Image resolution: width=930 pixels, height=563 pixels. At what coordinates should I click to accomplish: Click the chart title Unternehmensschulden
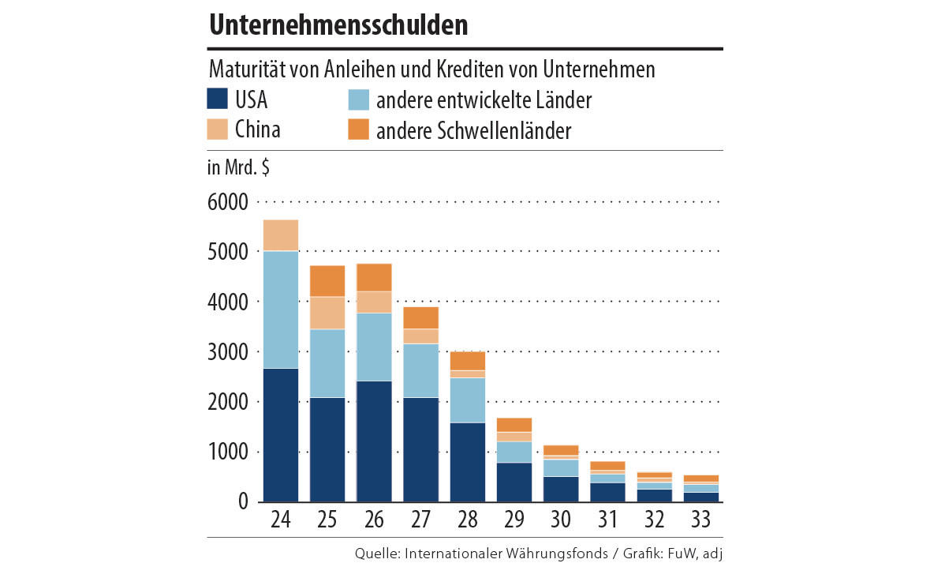(338, 25)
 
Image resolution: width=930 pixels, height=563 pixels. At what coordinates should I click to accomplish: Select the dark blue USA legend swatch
(218, 99)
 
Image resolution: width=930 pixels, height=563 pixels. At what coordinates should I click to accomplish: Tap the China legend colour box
(218, 129)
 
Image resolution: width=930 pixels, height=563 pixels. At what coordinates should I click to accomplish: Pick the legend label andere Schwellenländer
(473, 131)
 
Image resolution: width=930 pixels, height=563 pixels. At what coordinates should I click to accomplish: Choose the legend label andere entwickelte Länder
(484, 101)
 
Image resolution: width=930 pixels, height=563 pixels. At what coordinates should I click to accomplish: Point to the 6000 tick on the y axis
(228, 202)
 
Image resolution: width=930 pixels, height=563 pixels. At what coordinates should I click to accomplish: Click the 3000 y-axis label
(228, 352)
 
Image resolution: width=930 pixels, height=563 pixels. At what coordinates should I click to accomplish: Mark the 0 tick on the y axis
(242, 502)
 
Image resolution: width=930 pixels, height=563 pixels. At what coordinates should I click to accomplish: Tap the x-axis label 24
(281, 522)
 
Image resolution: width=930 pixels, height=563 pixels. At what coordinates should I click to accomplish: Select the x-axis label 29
(514, 522)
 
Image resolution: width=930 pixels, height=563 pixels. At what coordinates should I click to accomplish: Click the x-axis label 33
(700, 522)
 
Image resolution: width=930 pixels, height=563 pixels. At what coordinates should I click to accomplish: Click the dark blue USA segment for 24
(281, 435)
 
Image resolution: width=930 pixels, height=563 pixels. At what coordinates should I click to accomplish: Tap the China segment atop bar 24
(281, 235)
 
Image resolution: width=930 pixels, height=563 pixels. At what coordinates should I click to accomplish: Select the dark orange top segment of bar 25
(327, 281)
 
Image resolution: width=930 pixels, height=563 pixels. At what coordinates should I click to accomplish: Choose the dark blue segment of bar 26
(374, 441)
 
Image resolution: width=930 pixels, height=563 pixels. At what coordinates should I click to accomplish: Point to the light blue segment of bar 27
(420, 370)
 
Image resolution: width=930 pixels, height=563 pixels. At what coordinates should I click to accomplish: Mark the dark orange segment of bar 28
(468, 361)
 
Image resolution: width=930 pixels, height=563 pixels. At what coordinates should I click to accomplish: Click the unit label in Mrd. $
(237, 168)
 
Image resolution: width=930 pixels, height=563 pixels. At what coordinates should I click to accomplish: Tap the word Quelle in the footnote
(377, 554)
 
